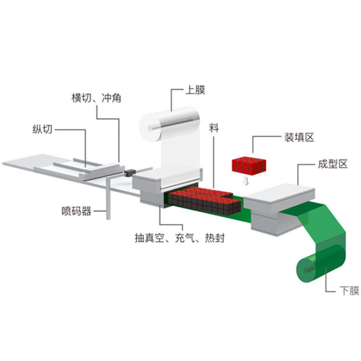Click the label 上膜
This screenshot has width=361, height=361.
tap(195, 90)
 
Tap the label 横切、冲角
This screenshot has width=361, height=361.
tap(96, 98)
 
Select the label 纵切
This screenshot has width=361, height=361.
tap(42, 129)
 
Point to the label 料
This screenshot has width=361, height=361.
tap(214, 127)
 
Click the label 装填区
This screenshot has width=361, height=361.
tap(299, 137)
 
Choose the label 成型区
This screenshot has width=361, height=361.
tap(332, 164)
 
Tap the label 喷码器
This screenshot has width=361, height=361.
tap(76, 211)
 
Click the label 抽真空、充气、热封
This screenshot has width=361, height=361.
tap(179, 238)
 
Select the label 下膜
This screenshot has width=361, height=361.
tap(349, 291)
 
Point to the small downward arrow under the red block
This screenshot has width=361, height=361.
tap(246, 181)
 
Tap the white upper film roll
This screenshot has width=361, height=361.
tap(169, 124)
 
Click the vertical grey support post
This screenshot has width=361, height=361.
tap(108, 198)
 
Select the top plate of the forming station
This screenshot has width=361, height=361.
tap(280, 193)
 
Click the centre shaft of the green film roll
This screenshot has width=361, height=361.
tap(309, 268)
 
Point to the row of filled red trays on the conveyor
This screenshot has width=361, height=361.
tap(204, 200)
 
